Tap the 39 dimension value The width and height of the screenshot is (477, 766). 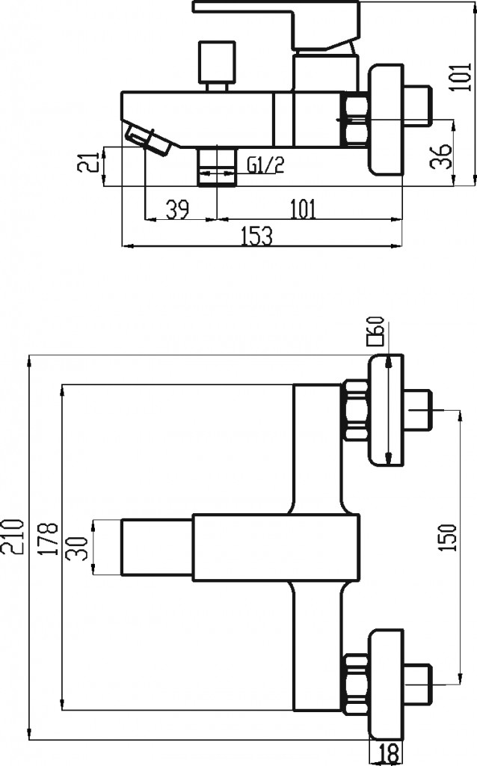(176, 209)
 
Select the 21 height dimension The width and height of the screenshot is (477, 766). (89, 164)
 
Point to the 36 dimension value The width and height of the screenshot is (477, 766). (444, 155)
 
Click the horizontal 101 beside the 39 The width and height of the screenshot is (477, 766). (301, 209)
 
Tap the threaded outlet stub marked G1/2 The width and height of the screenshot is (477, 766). (216, 165)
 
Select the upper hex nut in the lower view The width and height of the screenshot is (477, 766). (355, 413)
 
